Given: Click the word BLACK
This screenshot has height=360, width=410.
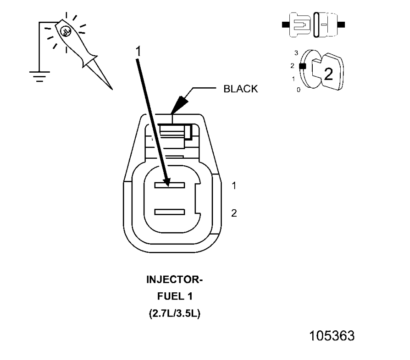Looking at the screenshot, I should pyautogui.click(x=241, y=89).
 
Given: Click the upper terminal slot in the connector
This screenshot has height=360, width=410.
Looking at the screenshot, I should pyautogui.click(x=169, y=185).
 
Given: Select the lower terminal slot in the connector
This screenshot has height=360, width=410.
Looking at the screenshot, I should pyautogui.click(x=169, y=212).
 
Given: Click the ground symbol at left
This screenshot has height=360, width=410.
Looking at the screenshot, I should pyautogui.click(x=40, y=76).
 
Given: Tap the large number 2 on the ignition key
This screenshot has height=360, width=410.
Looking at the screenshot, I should pyautogui.click(x=329, y=74).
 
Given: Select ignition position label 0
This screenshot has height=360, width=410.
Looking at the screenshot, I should pyautogui.click(x=298, y=90).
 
